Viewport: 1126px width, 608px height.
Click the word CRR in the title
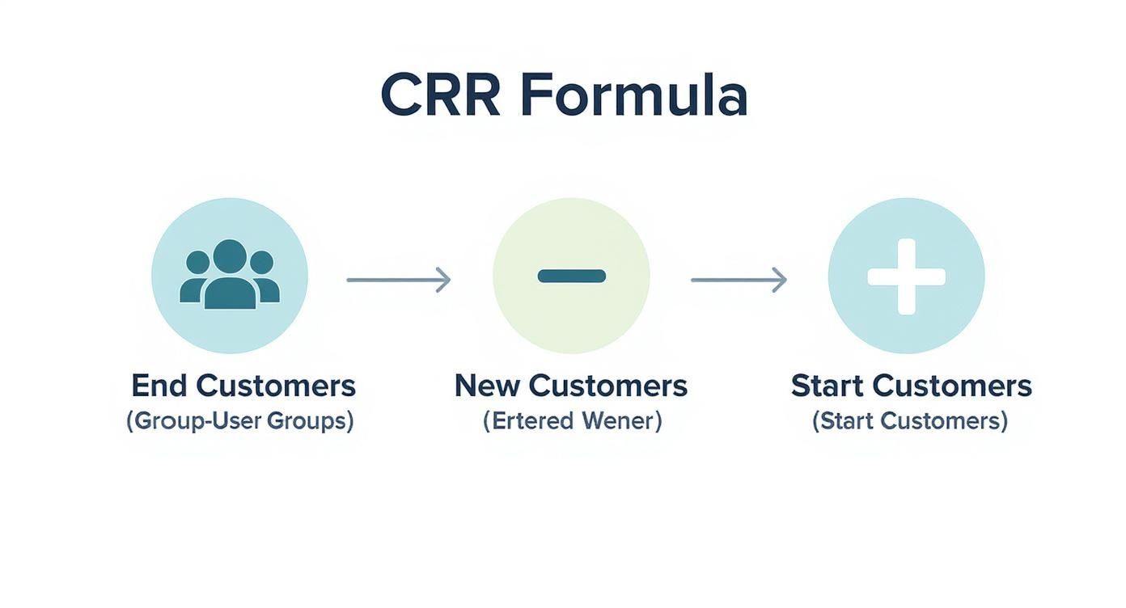(x=440, y=95)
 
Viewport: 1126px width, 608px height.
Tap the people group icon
(x=230, y=274)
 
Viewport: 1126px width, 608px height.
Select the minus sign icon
(x=572, y=276)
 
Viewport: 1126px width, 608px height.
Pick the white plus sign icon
(x=906, y=277)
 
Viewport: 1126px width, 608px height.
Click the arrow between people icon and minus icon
(x=399, y=280)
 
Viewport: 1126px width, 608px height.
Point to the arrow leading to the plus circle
(x=739, y=280)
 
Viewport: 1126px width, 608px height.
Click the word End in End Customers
(x=159, y=386)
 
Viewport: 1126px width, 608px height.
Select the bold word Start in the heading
(x=827, y=386)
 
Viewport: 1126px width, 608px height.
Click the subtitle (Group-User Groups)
(x=240, y=420)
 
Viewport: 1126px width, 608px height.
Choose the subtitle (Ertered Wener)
(x=572, y=420)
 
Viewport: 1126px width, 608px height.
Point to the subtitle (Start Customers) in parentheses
(x=910, y=420)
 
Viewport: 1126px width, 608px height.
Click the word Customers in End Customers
(x=276, y=386)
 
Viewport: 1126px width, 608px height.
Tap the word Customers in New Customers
(x=607, y=386)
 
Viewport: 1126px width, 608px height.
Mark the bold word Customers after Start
(x=951, y=386)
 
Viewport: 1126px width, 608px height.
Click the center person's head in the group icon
(x=230, y=255)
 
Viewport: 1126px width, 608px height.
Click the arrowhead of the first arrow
(x=444, y=280)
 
